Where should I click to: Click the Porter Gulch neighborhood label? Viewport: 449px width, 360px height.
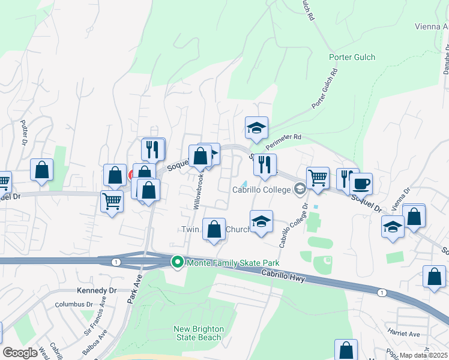pos(352,58)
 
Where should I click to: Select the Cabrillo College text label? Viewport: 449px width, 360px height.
pos(261,190)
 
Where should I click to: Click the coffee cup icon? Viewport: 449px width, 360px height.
pos(361,184)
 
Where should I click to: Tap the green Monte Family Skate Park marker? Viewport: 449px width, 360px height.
pos(178,262)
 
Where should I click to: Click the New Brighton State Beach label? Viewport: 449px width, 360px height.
pos(198,333)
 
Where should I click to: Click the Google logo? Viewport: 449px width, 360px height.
pos(20,353)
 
